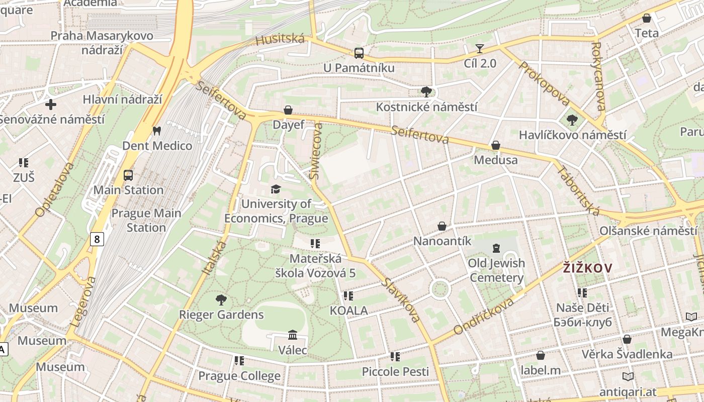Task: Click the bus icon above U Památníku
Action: [359, 53]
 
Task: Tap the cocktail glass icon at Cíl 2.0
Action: [480, 49]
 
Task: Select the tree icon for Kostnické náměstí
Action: [426, 92]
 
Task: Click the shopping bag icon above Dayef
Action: [288, 110]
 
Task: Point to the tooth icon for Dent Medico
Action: [157, 131]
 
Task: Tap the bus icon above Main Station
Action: [128, 175]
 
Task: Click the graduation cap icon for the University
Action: [276, 189]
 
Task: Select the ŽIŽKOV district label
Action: [587, 268]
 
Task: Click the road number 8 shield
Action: [97, 239]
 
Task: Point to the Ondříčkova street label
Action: [483, 316]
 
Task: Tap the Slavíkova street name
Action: [400, 299]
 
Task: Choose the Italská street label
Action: [214, 257]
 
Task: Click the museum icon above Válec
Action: [293, 335]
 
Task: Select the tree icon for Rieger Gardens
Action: [221, 300]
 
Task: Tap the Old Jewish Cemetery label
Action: [496, 270]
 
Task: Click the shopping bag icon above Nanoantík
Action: [442, 226]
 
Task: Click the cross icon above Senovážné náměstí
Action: [51, 105]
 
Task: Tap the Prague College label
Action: [239, 376]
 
